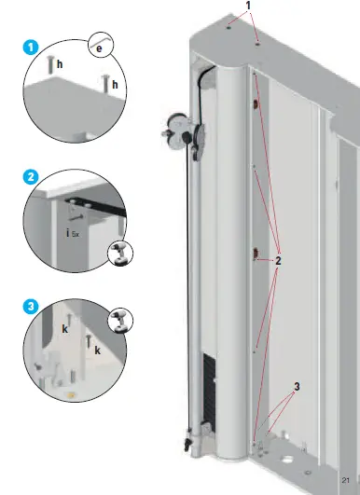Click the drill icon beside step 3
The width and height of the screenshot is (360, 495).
point(120,321)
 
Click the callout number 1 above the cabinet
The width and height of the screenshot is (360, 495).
point(247,7)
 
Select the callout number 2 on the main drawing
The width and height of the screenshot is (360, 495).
point(277,260)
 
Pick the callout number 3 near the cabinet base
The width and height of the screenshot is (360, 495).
point(297,385)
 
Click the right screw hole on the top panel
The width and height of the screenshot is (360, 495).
point(258,42)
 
